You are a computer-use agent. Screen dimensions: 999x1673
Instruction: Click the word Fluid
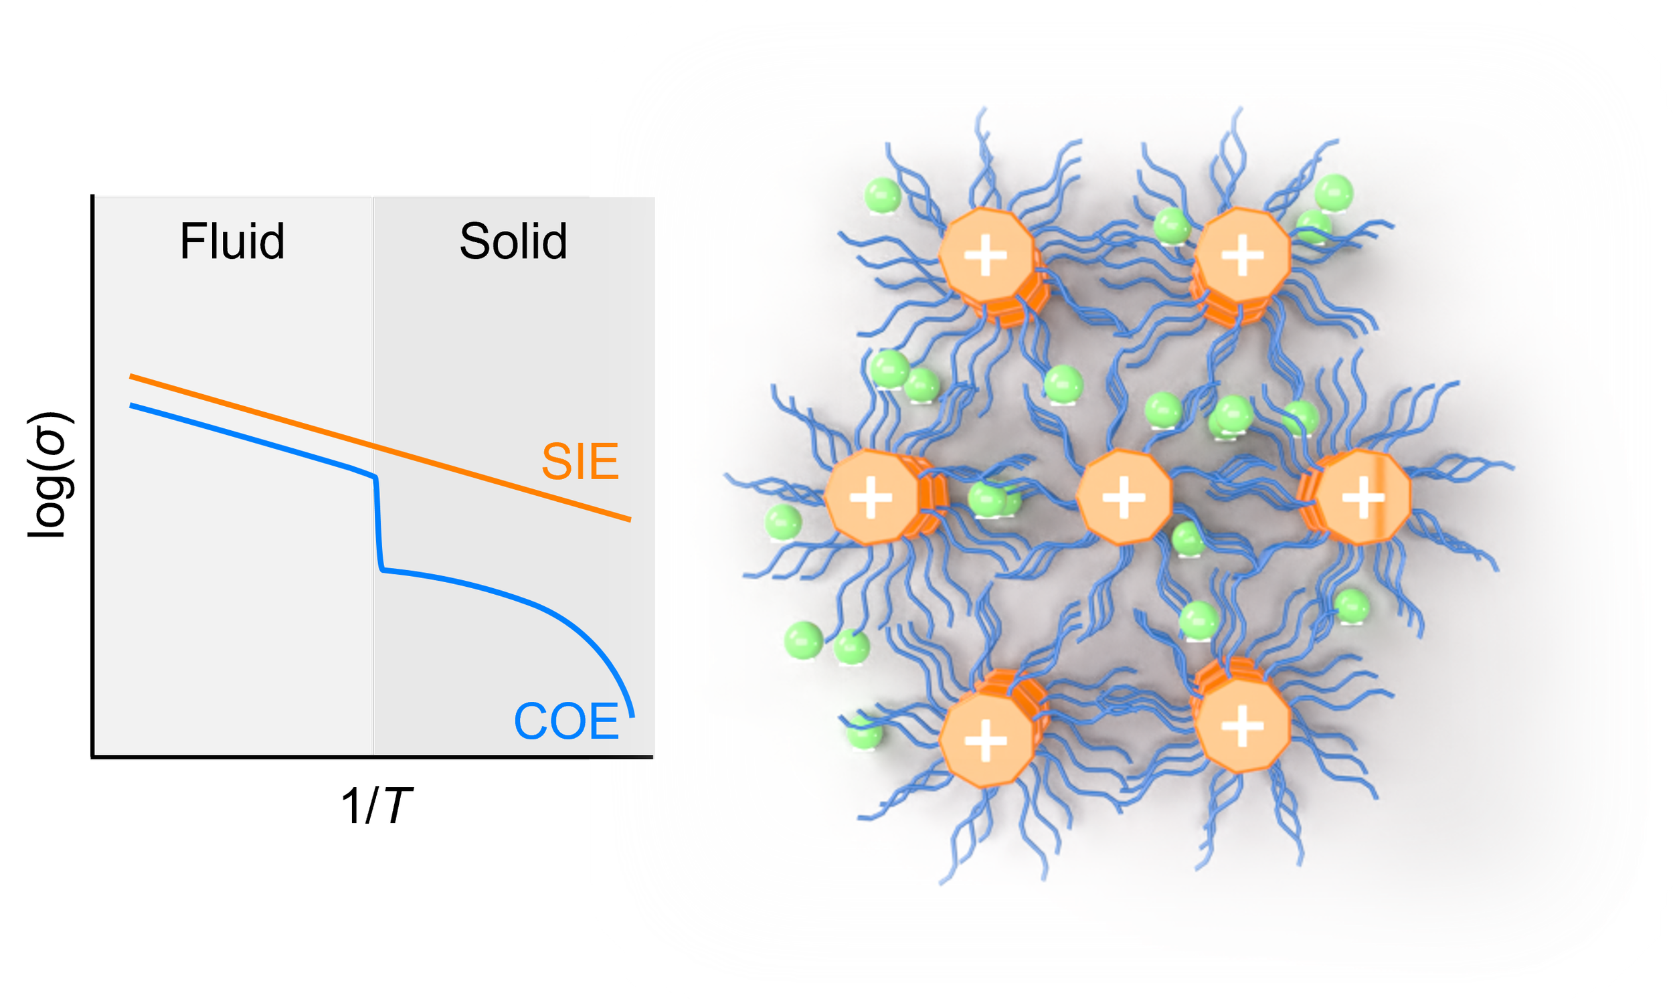[232, 241]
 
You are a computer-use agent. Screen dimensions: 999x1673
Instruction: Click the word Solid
[513, 241]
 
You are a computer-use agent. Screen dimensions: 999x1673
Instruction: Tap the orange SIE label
[580, 462]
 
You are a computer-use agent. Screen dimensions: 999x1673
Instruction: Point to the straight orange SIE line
[471, 474]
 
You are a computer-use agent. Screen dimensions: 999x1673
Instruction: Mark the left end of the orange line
[131, 376]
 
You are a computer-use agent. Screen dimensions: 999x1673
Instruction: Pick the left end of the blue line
[131, 405]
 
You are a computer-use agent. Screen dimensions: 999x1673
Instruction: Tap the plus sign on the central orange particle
[1123, 498]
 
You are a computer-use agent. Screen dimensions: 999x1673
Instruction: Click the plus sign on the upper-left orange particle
[986, 255]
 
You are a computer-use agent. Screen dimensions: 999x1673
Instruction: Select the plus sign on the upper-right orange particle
[1242, 255]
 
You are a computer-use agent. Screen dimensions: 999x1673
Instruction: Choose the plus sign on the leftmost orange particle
[871, 498]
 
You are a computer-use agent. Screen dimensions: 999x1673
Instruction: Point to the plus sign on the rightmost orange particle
[1363, 498]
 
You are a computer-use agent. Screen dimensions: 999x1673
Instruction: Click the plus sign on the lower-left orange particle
[986, 741]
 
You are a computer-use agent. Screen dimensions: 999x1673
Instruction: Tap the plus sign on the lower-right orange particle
[1242, 727]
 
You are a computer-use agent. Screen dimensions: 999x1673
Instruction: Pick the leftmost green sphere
[784, 522]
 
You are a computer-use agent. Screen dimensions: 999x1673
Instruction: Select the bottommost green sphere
[863, 733]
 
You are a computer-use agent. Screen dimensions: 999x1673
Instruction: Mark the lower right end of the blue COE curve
[632, 715]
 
